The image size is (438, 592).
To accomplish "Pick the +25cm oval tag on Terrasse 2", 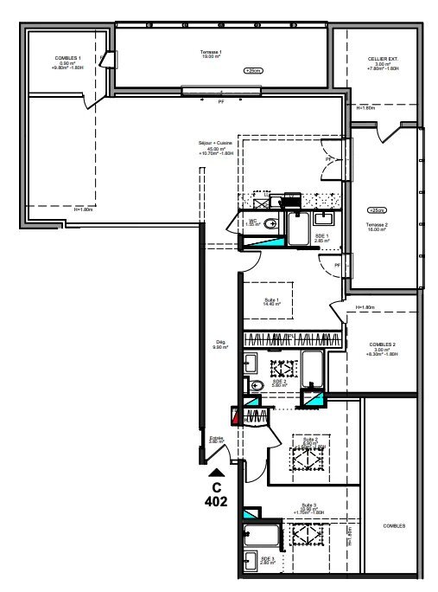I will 377,210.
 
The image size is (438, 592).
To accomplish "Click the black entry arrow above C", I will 216,472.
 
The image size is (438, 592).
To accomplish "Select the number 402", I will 216,500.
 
